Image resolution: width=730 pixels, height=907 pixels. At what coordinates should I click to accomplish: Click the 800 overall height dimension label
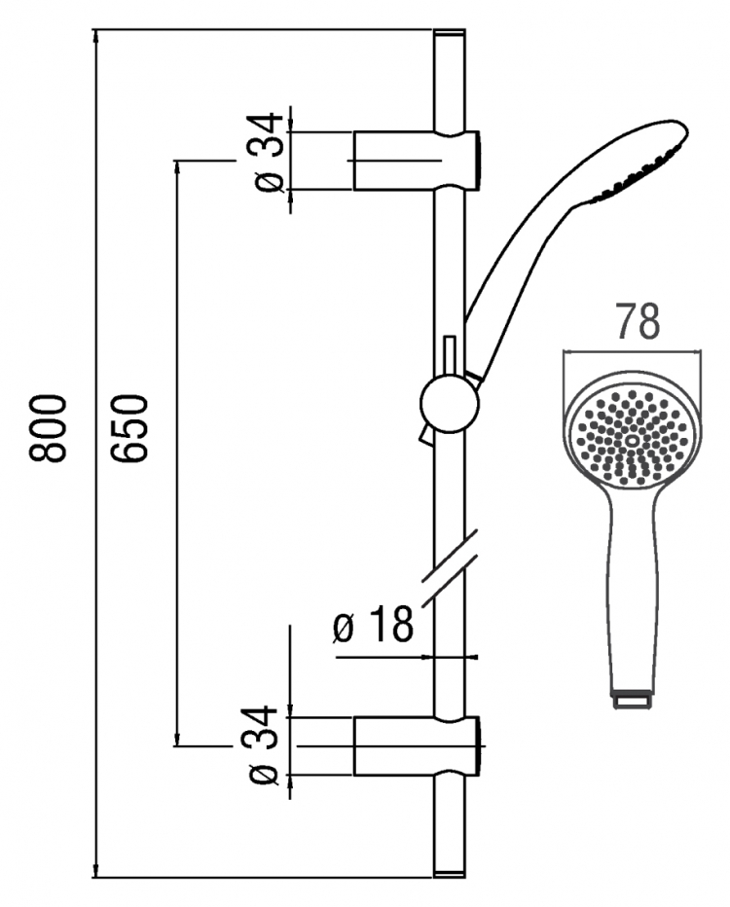click(48, 428)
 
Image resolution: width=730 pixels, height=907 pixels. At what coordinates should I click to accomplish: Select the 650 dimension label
click(130, 428)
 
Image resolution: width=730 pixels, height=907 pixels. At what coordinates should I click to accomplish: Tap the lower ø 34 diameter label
click(266, 744)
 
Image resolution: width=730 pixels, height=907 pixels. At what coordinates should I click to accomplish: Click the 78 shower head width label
click(637, 321)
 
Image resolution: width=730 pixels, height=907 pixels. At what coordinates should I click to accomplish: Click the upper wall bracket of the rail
click(417, 160)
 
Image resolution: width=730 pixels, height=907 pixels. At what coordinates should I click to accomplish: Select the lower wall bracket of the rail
click(417, 745)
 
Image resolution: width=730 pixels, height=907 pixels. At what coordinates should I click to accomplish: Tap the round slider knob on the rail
click(450, 404)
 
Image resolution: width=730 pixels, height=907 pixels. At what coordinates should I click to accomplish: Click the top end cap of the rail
click(450, 36)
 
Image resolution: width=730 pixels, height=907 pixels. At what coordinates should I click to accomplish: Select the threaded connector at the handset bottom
click(632, 700)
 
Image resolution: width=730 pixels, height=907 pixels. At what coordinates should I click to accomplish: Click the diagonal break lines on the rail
click(450, 567)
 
